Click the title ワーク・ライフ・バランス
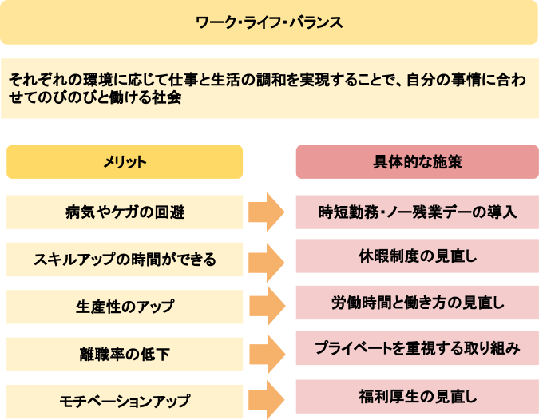pyautogui.click(x=269, y=22)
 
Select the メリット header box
pyautogui.click(x=125, y=161)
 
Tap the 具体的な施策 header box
pyautogui.click(x=417, y=161)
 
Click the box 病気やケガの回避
pyautogui.click(x=125, y=212)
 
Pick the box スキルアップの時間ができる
pyautogui.click(x=125, y=260)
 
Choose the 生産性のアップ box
pyautogui.click(x=125, y=307)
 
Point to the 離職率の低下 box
pyautogui.click(x=125, y=354)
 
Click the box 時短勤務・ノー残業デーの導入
pyautogui.click(x=417, y=212)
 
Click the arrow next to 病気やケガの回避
pyautogui.click(x=267, y=212)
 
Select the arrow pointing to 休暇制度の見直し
pyautogui.click(x=267, y=260)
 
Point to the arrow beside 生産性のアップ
pyautogui.click(x=267, y=307)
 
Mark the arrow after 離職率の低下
pyautogui.click(x=267, y=353)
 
